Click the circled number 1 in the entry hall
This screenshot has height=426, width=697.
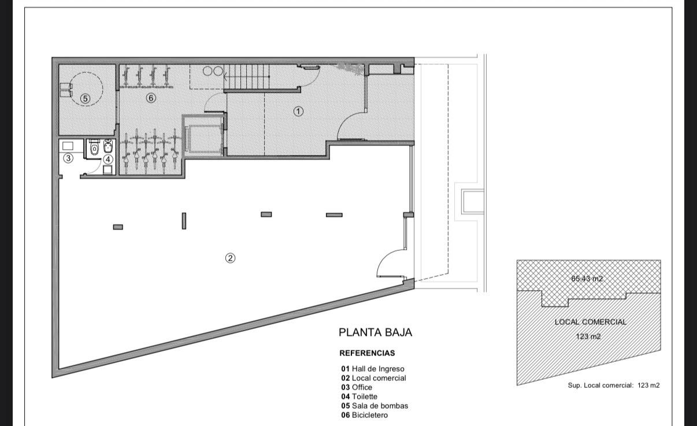[298, 111]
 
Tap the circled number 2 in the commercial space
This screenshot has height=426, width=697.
[230, 258]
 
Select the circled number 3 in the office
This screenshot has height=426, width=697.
[68, 158]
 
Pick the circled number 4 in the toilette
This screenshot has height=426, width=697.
[107, 160]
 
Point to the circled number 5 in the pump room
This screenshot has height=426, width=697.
[85, 99]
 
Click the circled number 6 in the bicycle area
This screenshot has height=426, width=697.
[151, 98]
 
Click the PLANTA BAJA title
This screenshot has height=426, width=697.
[375, 332]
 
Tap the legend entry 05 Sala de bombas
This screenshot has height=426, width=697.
[375, 406]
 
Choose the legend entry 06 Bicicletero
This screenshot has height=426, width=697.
[364, 415]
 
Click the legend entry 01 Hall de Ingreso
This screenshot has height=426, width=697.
[373, 369]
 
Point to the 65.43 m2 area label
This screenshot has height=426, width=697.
[587, 279]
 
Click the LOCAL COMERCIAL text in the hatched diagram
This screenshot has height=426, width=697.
[590, 322]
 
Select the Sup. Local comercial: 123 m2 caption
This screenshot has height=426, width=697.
[614, 385]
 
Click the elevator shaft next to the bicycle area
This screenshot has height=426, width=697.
[204, 136]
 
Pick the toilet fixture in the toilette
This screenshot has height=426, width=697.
[94, 148]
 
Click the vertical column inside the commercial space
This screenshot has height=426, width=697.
[184, 221]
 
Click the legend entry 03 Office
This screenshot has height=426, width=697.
[357, 387]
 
